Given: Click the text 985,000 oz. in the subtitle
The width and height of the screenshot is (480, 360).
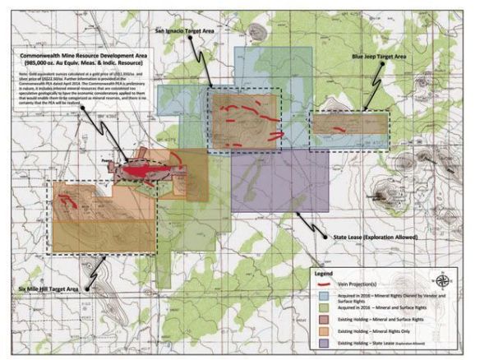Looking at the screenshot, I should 42,63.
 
